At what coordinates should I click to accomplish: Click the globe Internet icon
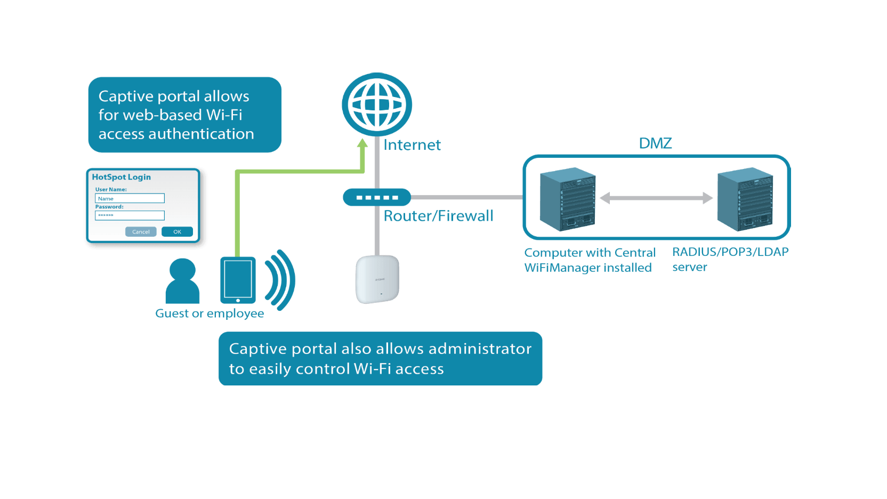coord(377,104)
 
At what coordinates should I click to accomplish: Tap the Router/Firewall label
coord(438,216)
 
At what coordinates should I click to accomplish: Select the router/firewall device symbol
coord(377,197)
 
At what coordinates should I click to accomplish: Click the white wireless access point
coord(377,279)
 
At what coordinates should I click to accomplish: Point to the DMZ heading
coord(655,143)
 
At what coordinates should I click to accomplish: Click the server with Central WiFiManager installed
coord(568,199)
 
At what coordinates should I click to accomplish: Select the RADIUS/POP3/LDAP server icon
coord(745,199)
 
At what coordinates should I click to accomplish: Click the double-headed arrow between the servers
coord(656,198)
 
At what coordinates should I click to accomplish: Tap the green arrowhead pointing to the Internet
coord(362,143)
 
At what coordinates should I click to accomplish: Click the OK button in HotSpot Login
coord(177,232)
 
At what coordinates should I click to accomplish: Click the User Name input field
coord(130,198)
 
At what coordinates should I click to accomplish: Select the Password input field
coord(130,215)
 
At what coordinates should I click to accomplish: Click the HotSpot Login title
coord(122,177)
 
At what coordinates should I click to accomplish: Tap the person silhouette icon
coord(182,281)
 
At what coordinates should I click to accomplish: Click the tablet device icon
coord(238,280)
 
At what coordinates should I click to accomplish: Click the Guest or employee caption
coord(209,313)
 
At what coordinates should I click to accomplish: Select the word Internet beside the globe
coord(412,145)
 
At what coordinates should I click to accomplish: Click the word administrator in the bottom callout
coord(480,349)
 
